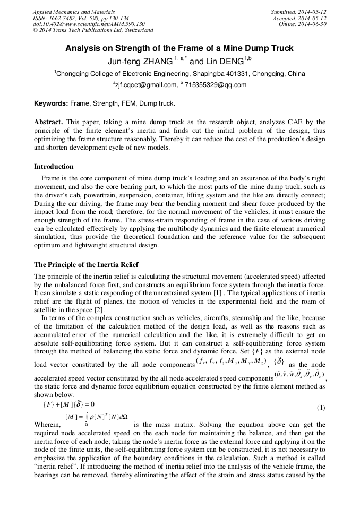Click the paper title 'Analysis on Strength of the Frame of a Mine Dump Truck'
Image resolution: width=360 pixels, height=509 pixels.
[179, 48]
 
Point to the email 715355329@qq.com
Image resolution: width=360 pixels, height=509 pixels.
[215, 85]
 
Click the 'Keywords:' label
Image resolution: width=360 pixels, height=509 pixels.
[52, 103]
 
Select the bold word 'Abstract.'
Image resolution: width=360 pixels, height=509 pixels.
[49, 122]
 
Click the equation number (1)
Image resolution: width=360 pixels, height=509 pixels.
[321, 407]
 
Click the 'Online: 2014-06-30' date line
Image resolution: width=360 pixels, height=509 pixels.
[302, 24]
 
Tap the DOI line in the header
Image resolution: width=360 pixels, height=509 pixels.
[89, 24]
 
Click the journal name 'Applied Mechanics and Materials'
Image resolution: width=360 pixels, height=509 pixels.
[74, 12]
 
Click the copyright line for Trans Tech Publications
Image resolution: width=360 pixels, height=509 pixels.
[93, 31]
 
